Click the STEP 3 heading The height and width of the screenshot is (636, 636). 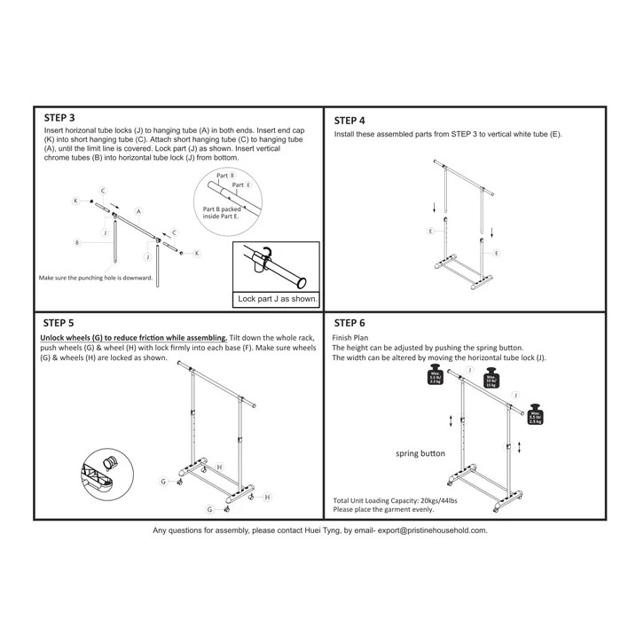tap(59, 117)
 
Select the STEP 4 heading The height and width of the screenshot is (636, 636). tap(349, 121)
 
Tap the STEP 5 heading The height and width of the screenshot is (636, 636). tap(59, 324)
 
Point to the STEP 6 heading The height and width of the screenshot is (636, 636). tap(349, 323)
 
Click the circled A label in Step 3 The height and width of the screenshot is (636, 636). tap(138, 200)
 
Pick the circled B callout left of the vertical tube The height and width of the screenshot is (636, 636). tap(78, 241)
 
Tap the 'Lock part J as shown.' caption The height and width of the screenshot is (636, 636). tap(278, 299)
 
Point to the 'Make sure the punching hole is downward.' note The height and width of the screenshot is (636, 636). tap(96, 277)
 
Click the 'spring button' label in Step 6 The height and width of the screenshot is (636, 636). tap(420, 453)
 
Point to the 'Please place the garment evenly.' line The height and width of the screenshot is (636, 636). tap(383, 510)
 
